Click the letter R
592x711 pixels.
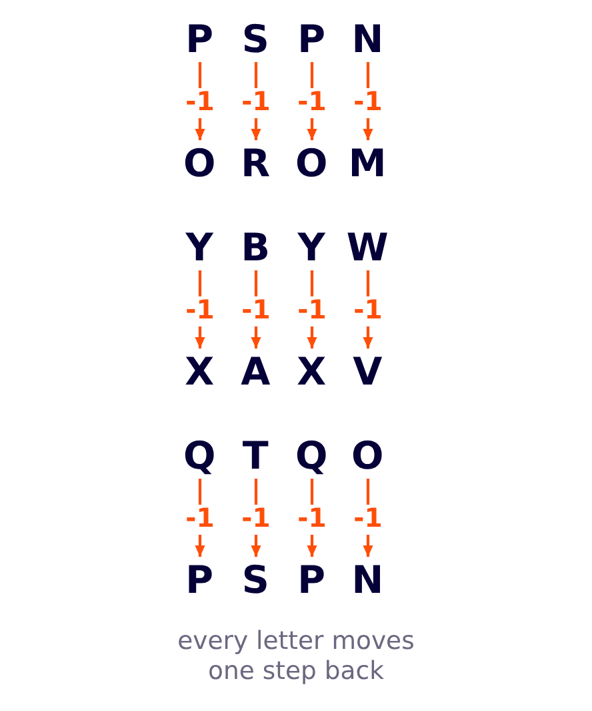(x=256, y=163)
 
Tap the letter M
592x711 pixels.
(x=367, y=163)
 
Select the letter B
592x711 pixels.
(x=256, y=247)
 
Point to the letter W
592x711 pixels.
(x=367, y=247)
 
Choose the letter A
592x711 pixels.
(x=256, y=371)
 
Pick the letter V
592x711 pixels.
(x=367, y=371)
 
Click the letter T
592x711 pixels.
(x=256, y=455)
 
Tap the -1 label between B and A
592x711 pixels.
(x=256, y=309)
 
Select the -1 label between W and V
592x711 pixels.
(x=367, y=309)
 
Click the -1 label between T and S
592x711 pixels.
(x=256, y=517)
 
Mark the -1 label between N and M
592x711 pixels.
(x=367, y=101)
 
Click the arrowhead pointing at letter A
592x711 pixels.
(x=256, y=342)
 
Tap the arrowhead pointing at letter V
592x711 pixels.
(x=368, y=342)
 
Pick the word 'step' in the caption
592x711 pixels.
(x=289, y=672)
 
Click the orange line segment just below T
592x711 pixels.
(x=256, y=491)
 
